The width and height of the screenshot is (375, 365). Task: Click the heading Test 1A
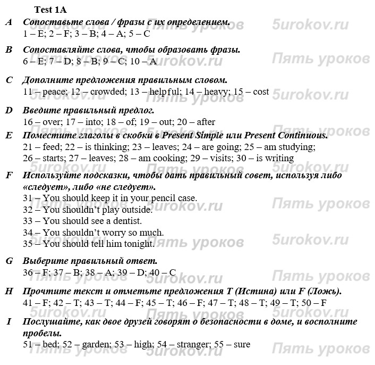pos(50,9)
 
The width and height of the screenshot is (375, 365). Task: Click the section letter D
pos(8,110)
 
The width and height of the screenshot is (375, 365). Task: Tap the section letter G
pos(9,261)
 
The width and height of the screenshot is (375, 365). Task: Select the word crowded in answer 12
pos(106,92)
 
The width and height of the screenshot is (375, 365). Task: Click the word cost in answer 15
pos(261,92)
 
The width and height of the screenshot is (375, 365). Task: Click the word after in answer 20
pos(204,122)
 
